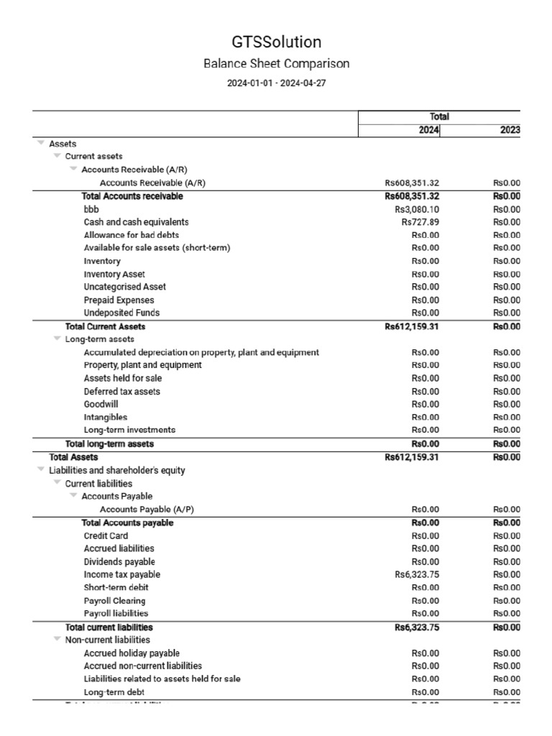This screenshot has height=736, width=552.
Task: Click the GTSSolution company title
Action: pos(276,42)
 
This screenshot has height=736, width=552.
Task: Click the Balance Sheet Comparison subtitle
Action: pos(276,64)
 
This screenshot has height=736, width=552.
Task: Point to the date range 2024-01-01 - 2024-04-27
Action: pos(276,83)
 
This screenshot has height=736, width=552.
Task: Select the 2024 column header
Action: pos(429,130)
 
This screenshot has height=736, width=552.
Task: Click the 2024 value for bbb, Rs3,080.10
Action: pos(417,209)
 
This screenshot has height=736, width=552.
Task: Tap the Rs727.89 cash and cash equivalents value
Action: pos(420,222)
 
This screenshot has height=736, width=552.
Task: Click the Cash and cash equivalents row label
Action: pos(136,222)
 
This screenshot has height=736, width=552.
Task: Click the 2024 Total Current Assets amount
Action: pos(412,326)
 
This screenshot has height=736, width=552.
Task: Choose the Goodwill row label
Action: pos(101,404)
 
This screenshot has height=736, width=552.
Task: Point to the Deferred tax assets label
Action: pos(121,391)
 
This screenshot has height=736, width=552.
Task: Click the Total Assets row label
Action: pos(73,456)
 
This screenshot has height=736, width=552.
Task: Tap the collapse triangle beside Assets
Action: pos(40,143)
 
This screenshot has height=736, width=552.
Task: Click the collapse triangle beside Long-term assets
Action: pos(57,339)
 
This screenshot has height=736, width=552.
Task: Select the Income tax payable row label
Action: pos(121,574)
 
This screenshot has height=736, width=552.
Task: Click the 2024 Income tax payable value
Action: pos(417,574)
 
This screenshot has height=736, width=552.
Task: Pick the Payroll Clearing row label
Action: pos(114,600)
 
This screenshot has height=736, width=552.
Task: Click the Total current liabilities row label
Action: pos(109,627)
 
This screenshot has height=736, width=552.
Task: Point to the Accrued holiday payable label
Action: pos(132,653)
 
